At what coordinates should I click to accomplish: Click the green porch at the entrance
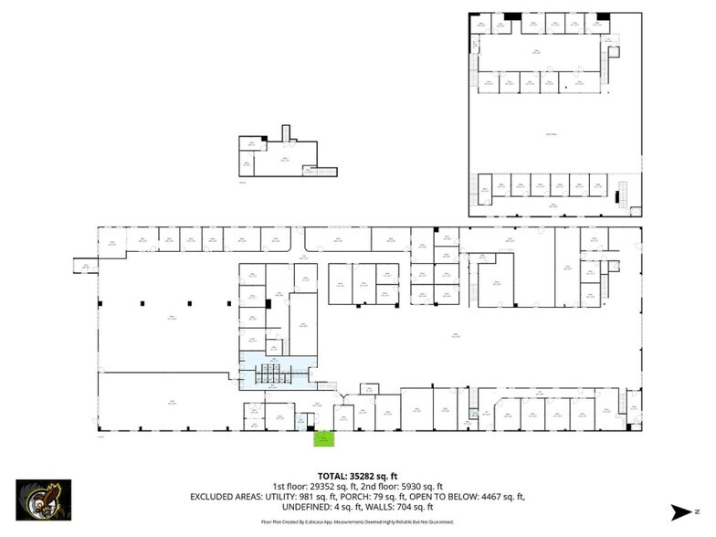(x=323, y=438)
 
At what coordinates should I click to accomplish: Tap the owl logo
(x=43, y=500)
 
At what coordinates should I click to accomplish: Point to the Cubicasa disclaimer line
(x=358, y=521)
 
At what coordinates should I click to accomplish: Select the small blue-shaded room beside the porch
(x=301, y=420)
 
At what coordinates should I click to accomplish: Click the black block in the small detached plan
(x=264, y=138)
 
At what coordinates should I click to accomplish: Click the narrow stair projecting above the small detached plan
(x=285, y=133)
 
